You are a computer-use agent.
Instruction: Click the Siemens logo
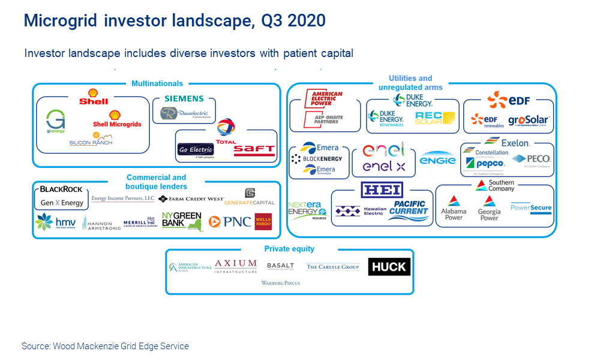click(x=184, y=98)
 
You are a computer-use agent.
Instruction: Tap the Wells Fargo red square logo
click(x=263, y=221)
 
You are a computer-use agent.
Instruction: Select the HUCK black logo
click(x=389, y=266)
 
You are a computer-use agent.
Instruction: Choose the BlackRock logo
click(x=61, y=190)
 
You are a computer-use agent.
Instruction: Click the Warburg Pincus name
click(x=280, y=283)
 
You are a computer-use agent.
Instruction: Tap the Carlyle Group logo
click(x=332, y=267)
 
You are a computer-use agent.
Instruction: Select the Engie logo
click(x=437, y=160)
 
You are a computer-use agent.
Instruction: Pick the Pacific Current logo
click(x=408, y=211)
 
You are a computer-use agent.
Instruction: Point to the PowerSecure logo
click(x=531, y=208)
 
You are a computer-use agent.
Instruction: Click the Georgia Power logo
click(x=489, y=208)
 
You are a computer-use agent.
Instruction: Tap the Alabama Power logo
click(x=454, y=208)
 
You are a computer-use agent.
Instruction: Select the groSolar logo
click(x=529, y=120)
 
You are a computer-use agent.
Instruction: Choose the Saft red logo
click(x=254, y=149)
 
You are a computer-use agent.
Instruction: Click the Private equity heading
click(x=289, y=249)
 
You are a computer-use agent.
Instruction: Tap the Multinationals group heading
click(x=157, y=83)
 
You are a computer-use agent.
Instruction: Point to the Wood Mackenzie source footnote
click(x=105, y=346)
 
